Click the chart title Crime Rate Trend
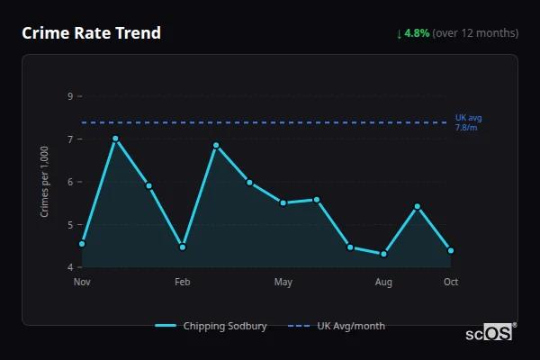(x=91, y=33)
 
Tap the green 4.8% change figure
(x=418, y=33)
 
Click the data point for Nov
(x=82, y=244)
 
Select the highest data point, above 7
(x=115, y=139)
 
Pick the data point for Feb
(x=183, y=247)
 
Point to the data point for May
(x=283, y=202)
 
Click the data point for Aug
(x=384, y=254)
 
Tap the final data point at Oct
(x=451, y=250)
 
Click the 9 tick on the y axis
(x=70, y=96)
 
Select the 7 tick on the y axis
(x=70, y=139)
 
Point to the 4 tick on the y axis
(x=70, y=267)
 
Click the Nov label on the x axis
(x=82, y=283)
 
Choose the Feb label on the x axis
(x=183, y=283)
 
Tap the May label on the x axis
(x=283, y=283)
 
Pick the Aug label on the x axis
(x=384, y=283)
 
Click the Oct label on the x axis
(x=451, y=283)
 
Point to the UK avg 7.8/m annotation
(x=468, y=122)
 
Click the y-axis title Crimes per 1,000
(x=45, y=182)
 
